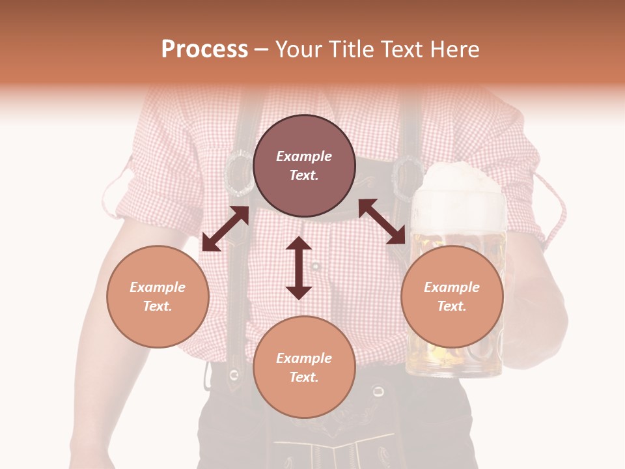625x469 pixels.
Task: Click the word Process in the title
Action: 204,50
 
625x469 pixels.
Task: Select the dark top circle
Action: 304,165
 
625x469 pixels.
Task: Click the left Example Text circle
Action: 158,296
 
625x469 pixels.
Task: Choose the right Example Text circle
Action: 452,296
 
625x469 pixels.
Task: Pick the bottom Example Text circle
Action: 304,367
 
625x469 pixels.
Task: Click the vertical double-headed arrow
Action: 299,268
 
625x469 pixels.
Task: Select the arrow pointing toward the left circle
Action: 225,229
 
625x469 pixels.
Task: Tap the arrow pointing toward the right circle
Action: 382,221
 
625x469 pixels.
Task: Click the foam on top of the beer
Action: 463,190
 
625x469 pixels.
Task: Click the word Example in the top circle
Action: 304,156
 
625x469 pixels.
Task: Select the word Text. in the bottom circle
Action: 304,377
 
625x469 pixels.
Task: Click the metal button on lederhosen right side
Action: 378,391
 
